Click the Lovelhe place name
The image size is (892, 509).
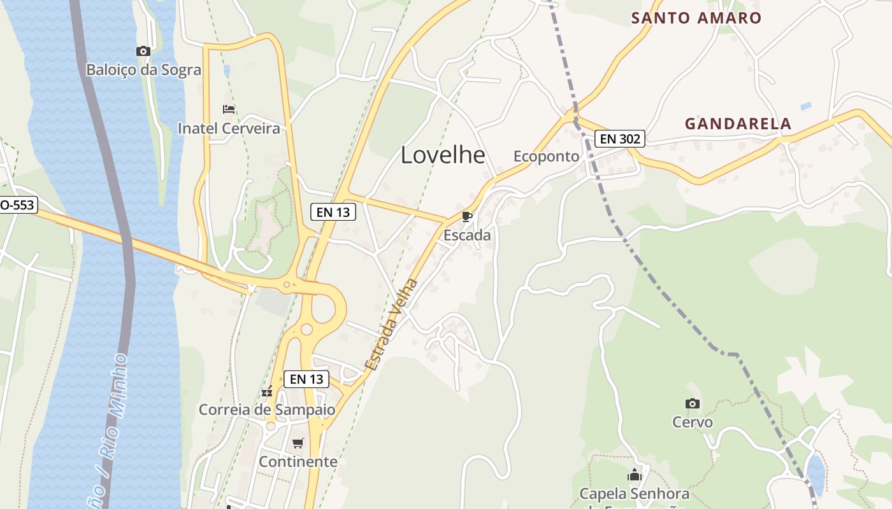tap(443, 155)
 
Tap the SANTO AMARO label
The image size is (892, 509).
tap(696, 18)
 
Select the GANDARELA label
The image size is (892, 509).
tap(738, 124)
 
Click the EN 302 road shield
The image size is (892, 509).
tap(620, 139)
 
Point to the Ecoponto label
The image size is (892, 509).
tap(546, 157)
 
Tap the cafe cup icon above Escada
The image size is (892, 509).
tap(467, 217)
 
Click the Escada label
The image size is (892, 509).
tap(467, 235)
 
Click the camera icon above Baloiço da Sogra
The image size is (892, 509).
tap(143, 51)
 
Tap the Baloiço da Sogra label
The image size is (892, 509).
tap(143, 69)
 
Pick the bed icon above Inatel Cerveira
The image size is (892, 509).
tap(229, 109)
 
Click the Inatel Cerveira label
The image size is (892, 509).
tap(229, 129)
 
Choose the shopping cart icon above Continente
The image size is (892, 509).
tap(298, 443)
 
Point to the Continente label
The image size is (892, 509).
tap(298, 461)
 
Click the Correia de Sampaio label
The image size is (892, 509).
tap(267, 410)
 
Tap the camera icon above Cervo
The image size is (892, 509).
tap(693, 403)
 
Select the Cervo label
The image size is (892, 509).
tap(693, 422)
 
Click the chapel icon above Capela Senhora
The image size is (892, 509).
tap(634, 475)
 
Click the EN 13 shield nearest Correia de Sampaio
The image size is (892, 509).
tap(306, 379)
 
